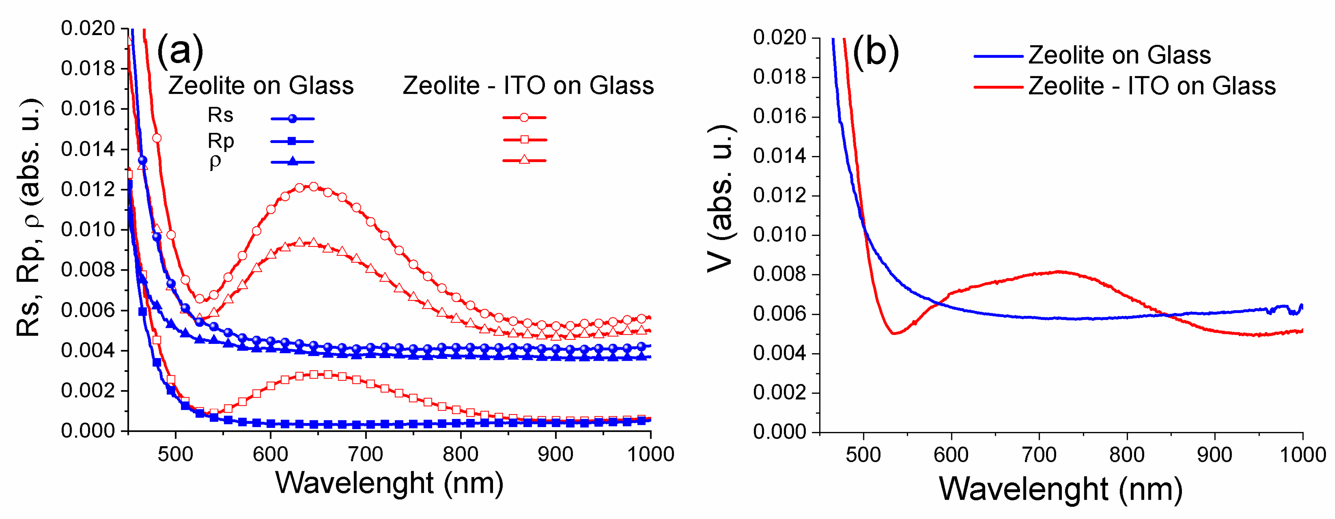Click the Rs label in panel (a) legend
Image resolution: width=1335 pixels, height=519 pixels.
coord(220,115)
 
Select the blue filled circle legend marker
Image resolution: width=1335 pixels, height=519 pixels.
coord(292,119)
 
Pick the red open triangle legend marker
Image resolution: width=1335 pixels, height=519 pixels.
coord(524,160)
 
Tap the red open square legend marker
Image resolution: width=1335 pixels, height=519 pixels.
coord(524,140)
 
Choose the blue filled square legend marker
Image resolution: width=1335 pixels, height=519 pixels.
coord(292,140)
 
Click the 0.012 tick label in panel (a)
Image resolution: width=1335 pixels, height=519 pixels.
coord(88,189)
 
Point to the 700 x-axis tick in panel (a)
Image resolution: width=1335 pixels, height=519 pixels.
coord(365,454)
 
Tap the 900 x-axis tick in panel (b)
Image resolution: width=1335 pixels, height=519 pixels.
coord(1214,455)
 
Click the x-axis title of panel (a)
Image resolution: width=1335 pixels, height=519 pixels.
coord(389,483)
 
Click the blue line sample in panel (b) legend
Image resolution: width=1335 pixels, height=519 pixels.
coord(998,56)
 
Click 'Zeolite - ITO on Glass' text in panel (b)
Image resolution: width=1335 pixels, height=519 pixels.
coord(1151,86)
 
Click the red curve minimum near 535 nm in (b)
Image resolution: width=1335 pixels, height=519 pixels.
coord(893,333)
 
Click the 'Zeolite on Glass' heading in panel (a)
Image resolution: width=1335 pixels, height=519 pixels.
coord(261,86)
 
